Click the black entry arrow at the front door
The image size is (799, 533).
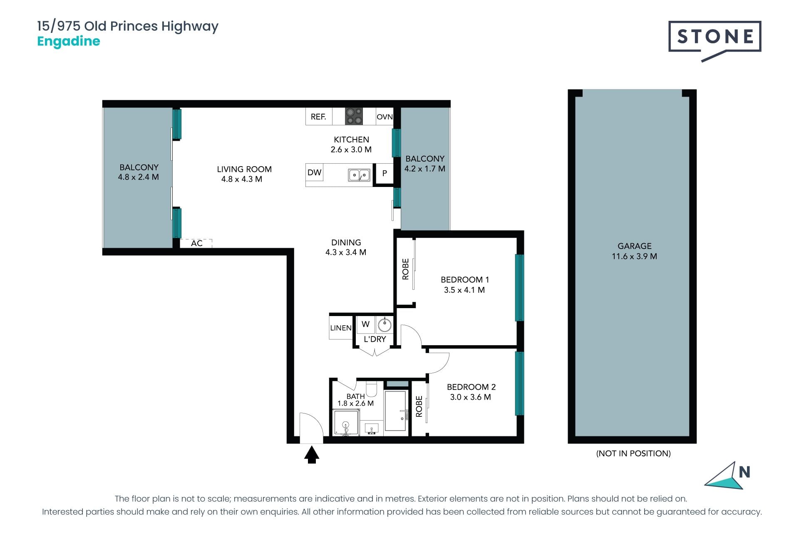312,454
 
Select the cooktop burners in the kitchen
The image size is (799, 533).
354,116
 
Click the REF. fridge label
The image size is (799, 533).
318,117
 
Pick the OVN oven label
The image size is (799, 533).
385,117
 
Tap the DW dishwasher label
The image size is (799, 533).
315,172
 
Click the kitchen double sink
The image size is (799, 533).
359,175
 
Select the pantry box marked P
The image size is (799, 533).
385,173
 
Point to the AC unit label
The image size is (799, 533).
197,243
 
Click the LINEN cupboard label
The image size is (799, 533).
341,328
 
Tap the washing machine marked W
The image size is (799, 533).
366,324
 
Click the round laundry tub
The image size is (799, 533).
385,324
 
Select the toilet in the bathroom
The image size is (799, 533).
371,389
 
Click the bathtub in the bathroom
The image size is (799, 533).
395,411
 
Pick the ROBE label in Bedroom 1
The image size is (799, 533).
405,269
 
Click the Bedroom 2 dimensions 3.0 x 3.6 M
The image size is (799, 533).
471,397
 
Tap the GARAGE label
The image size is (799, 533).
635,246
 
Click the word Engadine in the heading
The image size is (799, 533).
69,42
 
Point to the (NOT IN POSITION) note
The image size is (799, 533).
633,453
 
